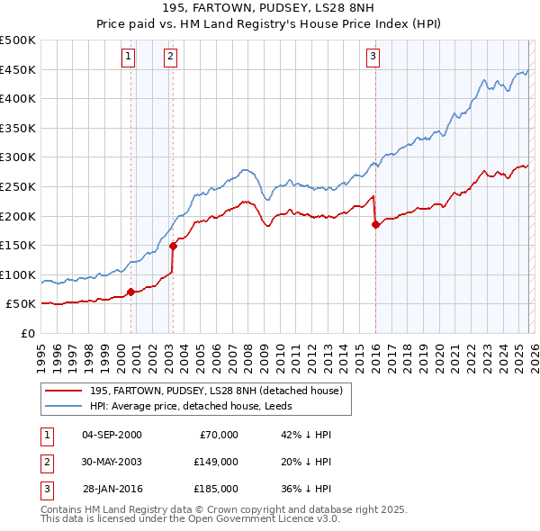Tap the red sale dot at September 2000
131,292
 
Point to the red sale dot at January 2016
375,225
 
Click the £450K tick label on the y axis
18,69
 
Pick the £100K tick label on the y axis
18,274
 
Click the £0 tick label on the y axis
26,333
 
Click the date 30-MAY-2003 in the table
112,461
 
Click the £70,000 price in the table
219,435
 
